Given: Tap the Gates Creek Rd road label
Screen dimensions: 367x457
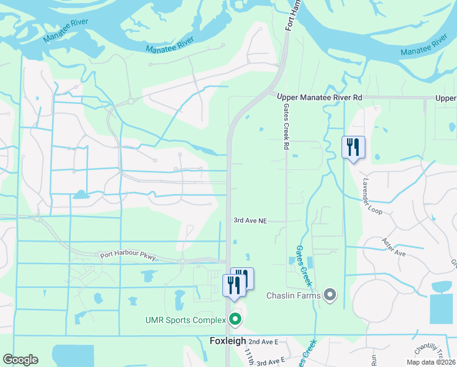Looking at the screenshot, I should pos(285,126).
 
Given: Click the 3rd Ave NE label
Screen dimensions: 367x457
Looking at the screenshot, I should pos(250,220).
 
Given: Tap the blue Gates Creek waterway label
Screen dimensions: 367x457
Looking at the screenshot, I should pos(304,266).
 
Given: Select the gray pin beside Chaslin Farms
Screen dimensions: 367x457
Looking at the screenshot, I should pos(331,295).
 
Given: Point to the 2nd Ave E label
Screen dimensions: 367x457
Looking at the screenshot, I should pos(263,341).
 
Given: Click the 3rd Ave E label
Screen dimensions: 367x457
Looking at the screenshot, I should pos(271,361).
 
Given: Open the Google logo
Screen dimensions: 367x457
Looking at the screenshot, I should pos(20,360).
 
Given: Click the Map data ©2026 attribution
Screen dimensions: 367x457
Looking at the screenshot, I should pos(430,362).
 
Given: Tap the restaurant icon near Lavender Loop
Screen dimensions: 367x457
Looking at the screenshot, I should pos(353,147).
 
